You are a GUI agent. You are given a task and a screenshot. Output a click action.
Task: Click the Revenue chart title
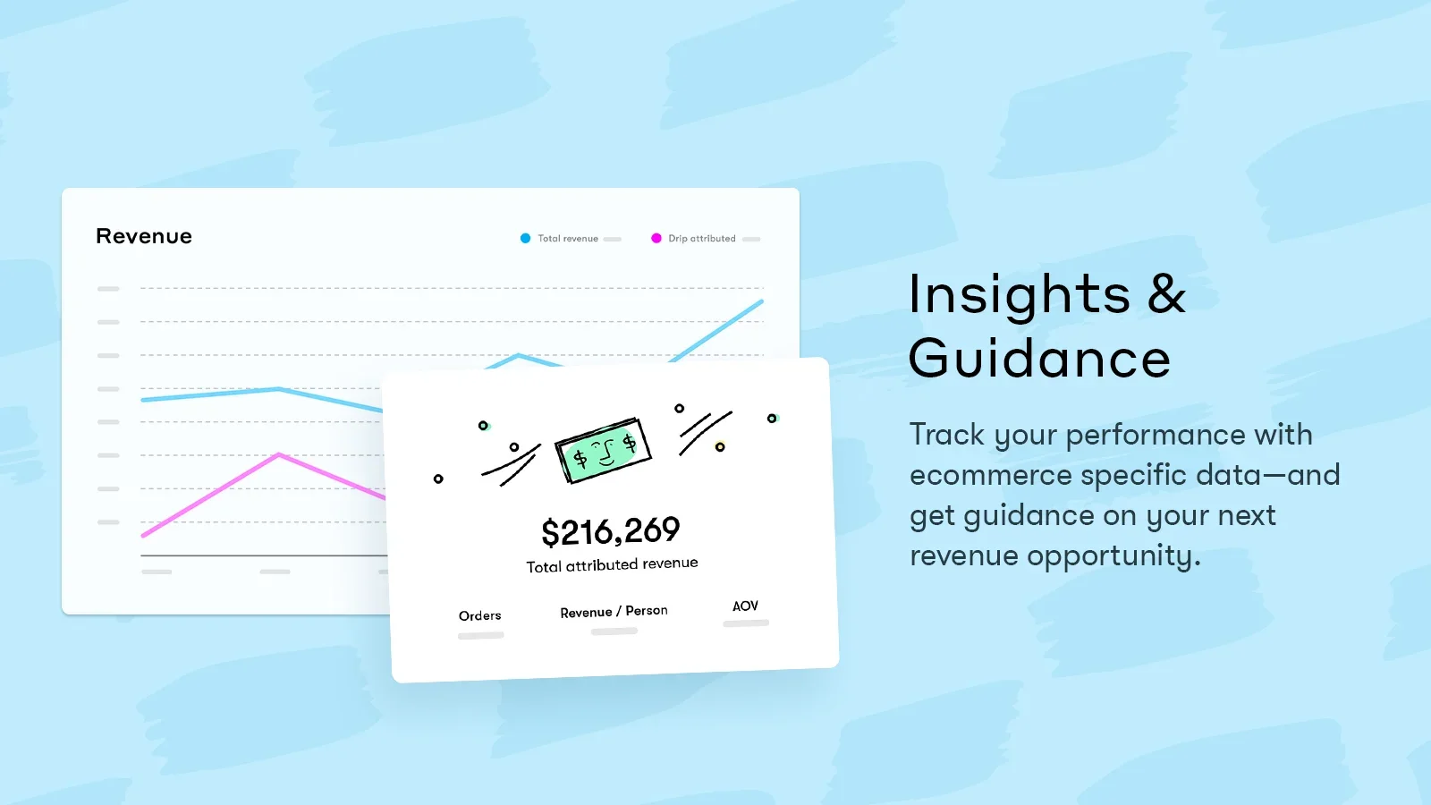pyautogui.click(x=144, y=236)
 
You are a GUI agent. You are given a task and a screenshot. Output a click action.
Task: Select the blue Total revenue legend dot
pyautogui.click(x=525, y=238)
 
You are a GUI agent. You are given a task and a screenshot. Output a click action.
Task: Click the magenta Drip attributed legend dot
pyautogui.click(x=656, y=238)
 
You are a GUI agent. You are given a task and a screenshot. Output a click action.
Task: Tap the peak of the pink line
pyautogui.click(x=278, y=454)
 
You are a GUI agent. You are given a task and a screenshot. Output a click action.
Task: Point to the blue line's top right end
pyautogui.click(x=761, y=301)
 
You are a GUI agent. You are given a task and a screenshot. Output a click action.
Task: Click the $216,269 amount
pyautogui.click(x=611, y=531)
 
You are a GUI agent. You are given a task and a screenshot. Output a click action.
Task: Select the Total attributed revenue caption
pyautogui.click(x=612, y=564)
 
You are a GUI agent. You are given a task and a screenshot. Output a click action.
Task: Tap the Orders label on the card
pyautogui.click(x=479, y=616)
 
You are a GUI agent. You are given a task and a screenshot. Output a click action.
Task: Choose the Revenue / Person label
pyautogui.click(x=614, y=612)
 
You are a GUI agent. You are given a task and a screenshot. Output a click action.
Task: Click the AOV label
pyautogui.click(x=746, y=606)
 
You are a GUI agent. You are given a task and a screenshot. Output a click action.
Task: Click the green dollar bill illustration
pyautogui.click(x=603, y=451)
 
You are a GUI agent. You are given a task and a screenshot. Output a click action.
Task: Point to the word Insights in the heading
pyautogui.click(x=1020, y=294)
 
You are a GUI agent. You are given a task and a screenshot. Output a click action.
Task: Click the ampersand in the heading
pyautogui.click(x=1166, y=294)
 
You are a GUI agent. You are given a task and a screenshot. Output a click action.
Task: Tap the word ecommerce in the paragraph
pyautogui.click(x=989, y=475)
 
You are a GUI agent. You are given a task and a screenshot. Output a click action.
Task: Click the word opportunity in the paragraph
pyautogui.click(x=1114, y=556)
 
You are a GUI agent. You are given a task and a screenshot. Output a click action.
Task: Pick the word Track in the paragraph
pyautogui.click(x=947, y=435)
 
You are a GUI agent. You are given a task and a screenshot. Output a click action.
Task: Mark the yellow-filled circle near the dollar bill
pyautogui.click(x=720, y=447)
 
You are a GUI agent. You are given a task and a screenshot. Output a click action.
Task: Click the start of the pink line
pyautogui.click(x=142, y=536)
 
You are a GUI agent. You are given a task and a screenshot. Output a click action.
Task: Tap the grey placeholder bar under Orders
pyautogui.click(x=481, y=636)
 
